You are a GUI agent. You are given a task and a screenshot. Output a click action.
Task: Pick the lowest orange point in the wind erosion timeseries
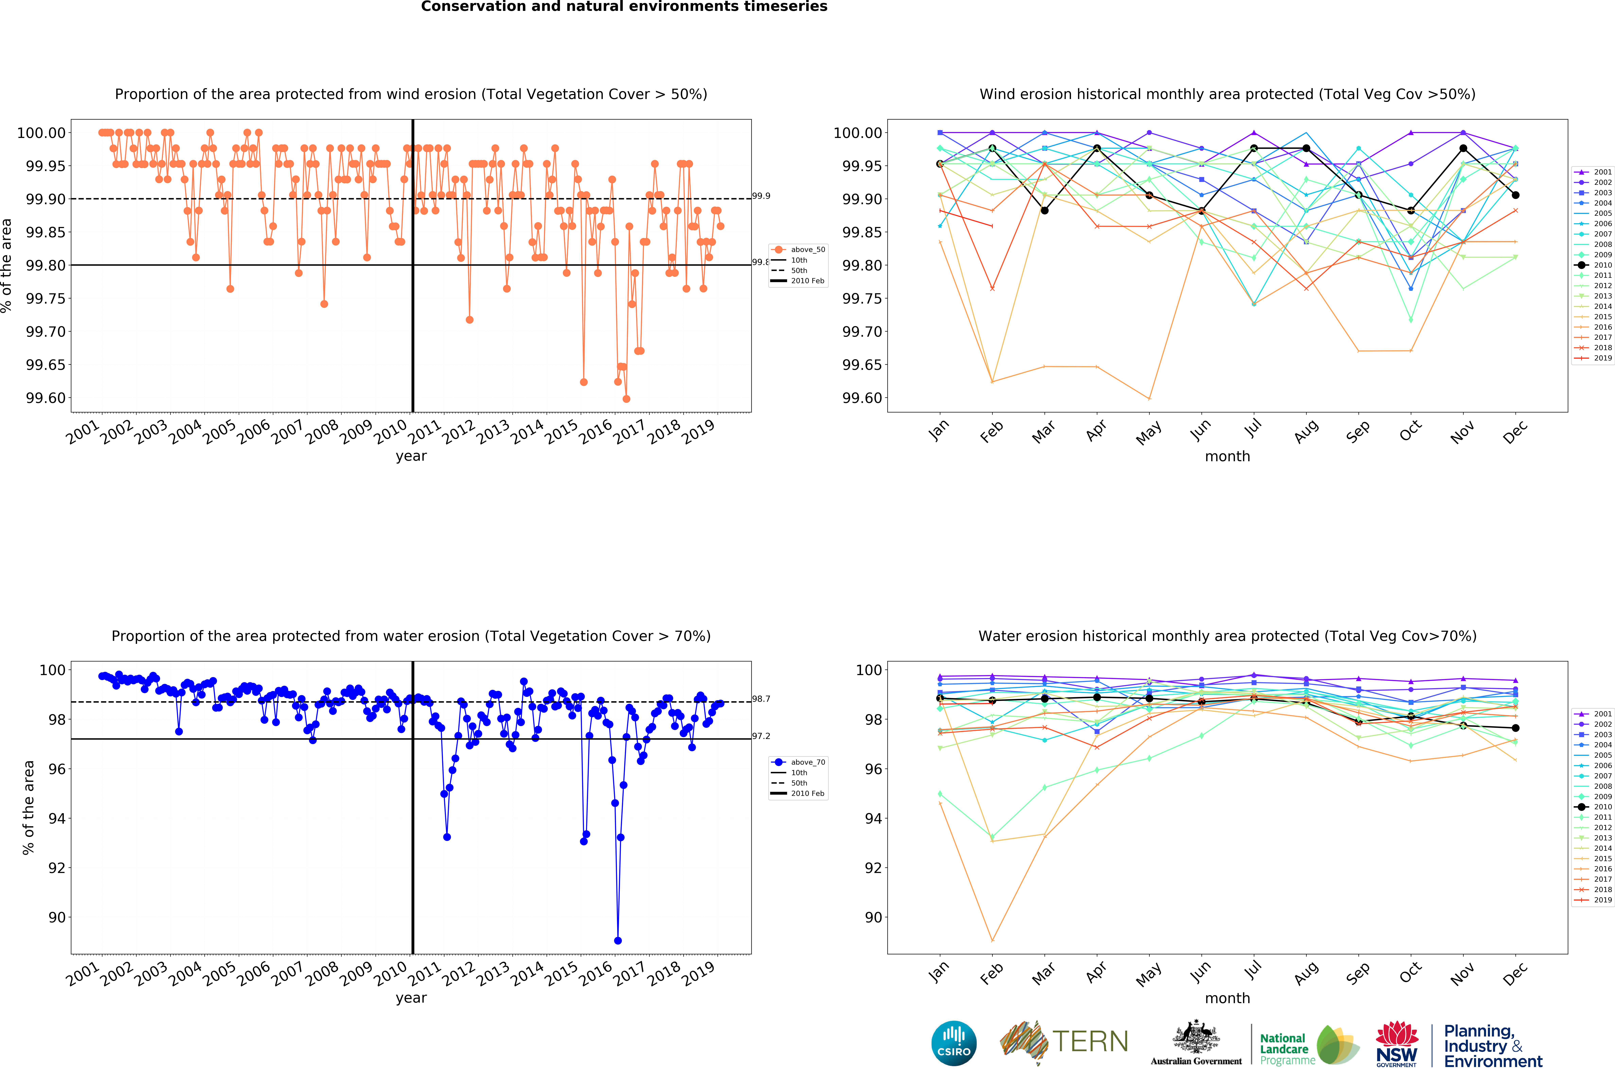pos(626,399)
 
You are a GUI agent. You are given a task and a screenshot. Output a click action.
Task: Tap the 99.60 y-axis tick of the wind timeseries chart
pos(46,398)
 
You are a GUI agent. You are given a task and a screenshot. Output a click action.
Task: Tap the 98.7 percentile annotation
pos(761,699)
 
